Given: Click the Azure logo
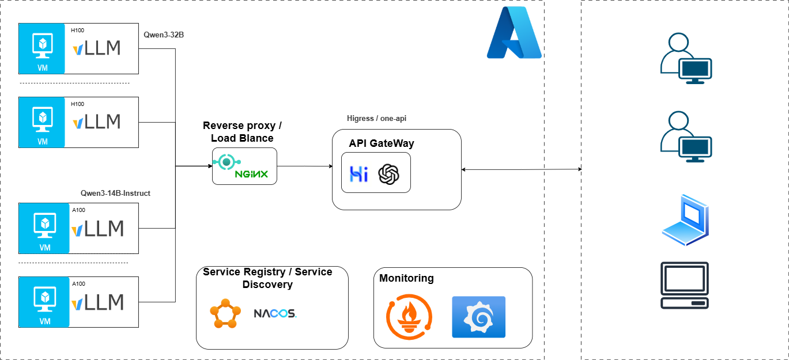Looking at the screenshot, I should point(514,33).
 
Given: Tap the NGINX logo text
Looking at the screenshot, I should point(251,174).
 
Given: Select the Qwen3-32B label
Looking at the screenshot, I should point(164,35).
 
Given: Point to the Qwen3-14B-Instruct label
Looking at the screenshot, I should point(115,194).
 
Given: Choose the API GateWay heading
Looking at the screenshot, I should point(382,143).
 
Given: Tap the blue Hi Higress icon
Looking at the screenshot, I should point(359,174).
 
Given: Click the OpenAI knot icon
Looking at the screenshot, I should point(389,174).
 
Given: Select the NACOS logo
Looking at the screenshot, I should point(275,313).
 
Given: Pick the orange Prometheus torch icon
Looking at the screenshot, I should point(409,316).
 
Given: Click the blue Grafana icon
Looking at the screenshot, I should point(478,317).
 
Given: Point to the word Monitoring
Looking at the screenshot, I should point(406,278).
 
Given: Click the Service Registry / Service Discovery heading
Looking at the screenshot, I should point(267,278).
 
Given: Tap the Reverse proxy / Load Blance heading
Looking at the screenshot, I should point(242,132).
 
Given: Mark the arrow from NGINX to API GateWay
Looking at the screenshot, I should point(305,166).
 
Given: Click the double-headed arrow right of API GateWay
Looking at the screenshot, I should point(522,169).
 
